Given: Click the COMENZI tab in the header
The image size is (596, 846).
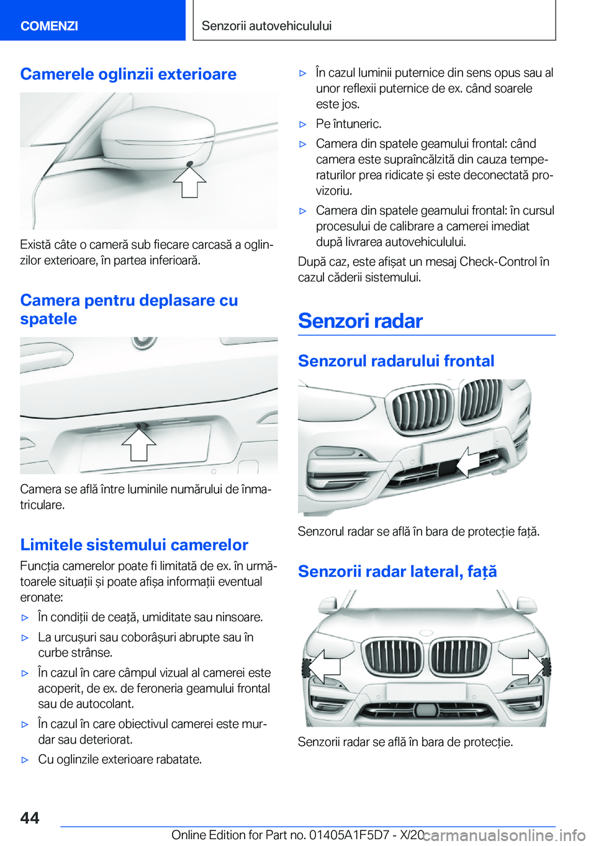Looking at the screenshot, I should pos(49,25).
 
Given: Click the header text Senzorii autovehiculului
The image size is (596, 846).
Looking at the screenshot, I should pos(266,25).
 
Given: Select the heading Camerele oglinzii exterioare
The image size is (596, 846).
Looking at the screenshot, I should pos(128,74).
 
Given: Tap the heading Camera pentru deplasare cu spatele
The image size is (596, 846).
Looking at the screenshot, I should pos(129,309).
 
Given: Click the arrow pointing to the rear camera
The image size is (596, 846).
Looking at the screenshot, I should pos(138,445).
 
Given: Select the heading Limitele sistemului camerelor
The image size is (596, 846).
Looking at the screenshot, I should pos(134,545).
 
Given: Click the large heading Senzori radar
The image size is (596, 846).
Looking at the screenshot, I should pos(360,321).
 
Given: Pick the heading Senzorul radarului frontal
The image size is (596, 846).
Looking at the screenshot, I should pos(396,361).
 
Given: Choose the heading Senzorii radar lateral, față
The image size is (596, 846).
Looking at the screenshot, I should pos(397,571).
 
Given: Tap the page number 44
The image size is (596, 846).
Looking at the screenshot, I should pos(30,817).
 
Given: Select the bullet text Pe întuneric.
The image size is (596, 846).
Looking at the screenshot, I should pos(348,124).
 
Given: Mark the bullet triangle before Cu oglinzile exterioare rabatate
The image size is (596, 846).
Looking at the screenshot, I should pos(25,760).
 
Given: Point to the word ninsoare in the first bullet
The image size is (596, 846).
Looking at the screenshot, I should pos(239,617).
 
